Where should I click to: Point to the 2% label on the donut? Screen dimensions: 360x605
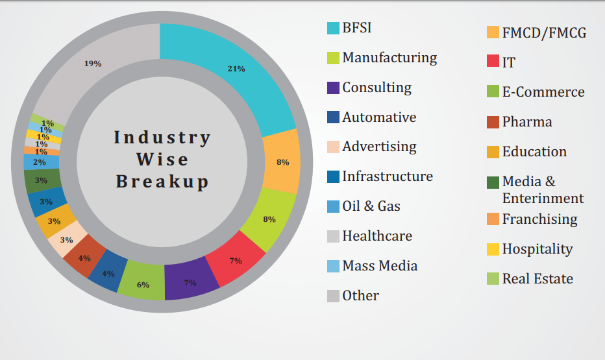40,162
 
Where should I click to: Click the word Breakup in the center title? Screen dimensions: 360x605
162,181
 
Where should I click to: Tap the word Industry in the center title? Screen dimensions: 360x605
162,138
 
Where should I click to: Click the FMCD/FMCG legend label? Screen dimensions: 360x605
544,32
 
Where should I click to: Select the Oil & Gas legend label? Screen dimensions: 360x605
371,206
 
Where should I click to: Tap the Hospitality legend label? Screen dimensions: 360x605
537,249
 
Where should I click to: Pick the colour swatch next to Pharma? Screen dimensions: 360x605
493,122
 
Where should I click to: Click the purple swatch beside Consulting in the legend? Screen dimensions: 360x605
333,88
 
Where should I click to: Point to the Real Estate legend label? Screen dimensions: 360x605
537,279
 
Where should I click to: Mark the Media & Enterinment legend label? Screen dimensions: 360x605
543,190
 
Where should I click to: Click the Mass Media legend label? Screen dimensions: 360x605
380,266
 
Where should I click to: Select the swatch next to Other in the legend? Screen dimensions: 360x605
333,296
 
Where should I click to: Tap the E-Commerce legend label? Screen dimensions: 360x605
543,92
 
